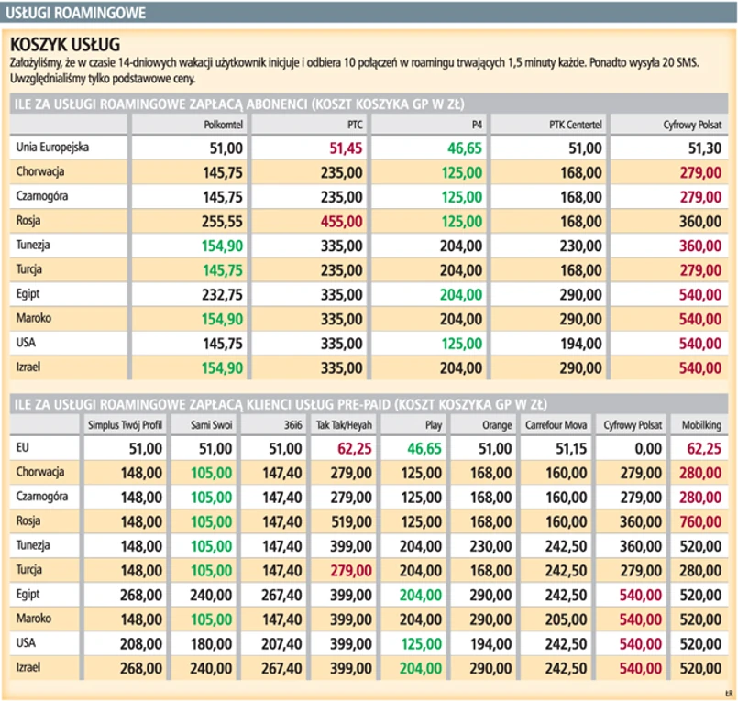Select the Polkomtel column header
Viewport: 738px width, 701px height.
222,124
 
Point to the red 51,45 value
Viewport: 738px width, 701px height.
341,147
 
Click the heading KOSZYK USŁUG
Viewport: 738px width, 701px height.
64,44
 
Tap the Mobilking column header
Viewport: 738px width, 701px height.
701,425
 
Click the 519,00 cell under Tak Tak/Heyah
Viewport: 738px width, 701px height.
346,521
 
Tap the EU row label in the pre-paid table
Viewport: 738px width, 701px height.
24,447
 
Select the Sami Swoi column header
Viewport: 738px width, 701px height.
211,425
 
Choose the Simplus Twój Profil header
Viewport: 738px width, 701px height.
125,425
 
